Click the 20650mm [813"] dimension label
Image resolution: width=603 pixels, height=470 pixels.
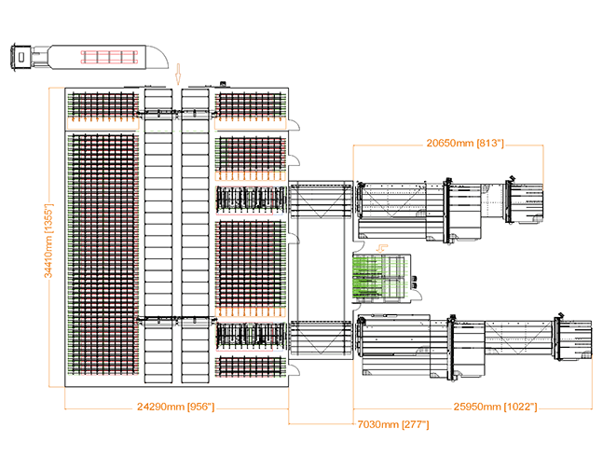[x=465, y=144]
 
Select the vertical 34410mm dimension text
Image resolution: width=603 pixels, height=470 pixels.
[x=48, y=241]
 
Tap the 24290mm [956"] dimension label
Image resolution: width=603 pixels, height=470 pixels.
[x=176, y=407]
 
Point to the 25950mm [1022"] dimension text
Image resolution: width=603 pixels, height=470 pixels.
[x=495, y=407]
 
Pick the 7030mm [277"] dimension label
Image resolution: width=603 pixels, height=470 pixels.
[x=393, y=424]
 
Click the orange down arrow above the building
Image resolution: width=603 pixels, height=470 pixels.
[x=178, y=74]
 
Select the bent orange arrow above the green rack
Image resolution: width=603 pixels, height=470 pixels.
[x=382, y=248]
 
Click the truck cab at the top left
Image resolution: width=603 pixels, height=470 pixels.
[x=21, y=57]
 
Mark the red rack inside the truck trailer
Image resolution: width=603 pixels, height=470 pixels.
[x=109, y=57]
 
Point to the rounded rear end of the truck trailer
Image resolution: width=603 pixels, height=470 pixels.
[x=158, y=57]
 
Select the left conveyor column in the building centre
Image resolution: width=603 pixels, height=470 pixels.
[x=158, y=236]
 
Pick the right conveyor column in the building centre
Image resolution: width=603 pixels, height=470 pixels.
[x=195, y=236]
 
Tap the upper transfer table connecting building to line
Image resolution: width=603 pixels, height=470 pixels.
[x=321, y=200]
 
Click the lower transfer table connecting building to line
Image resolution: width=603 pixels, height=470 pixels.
[x=321, y=339]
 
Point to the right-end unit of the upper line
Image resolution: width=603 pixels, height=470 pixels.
[x=525, y=201]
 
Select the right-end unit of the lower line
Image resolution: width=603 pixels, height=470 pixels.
[x=573, y=338]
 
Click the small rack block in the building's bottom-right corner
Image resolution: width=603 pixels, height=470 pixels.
[x=251, y=366]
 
